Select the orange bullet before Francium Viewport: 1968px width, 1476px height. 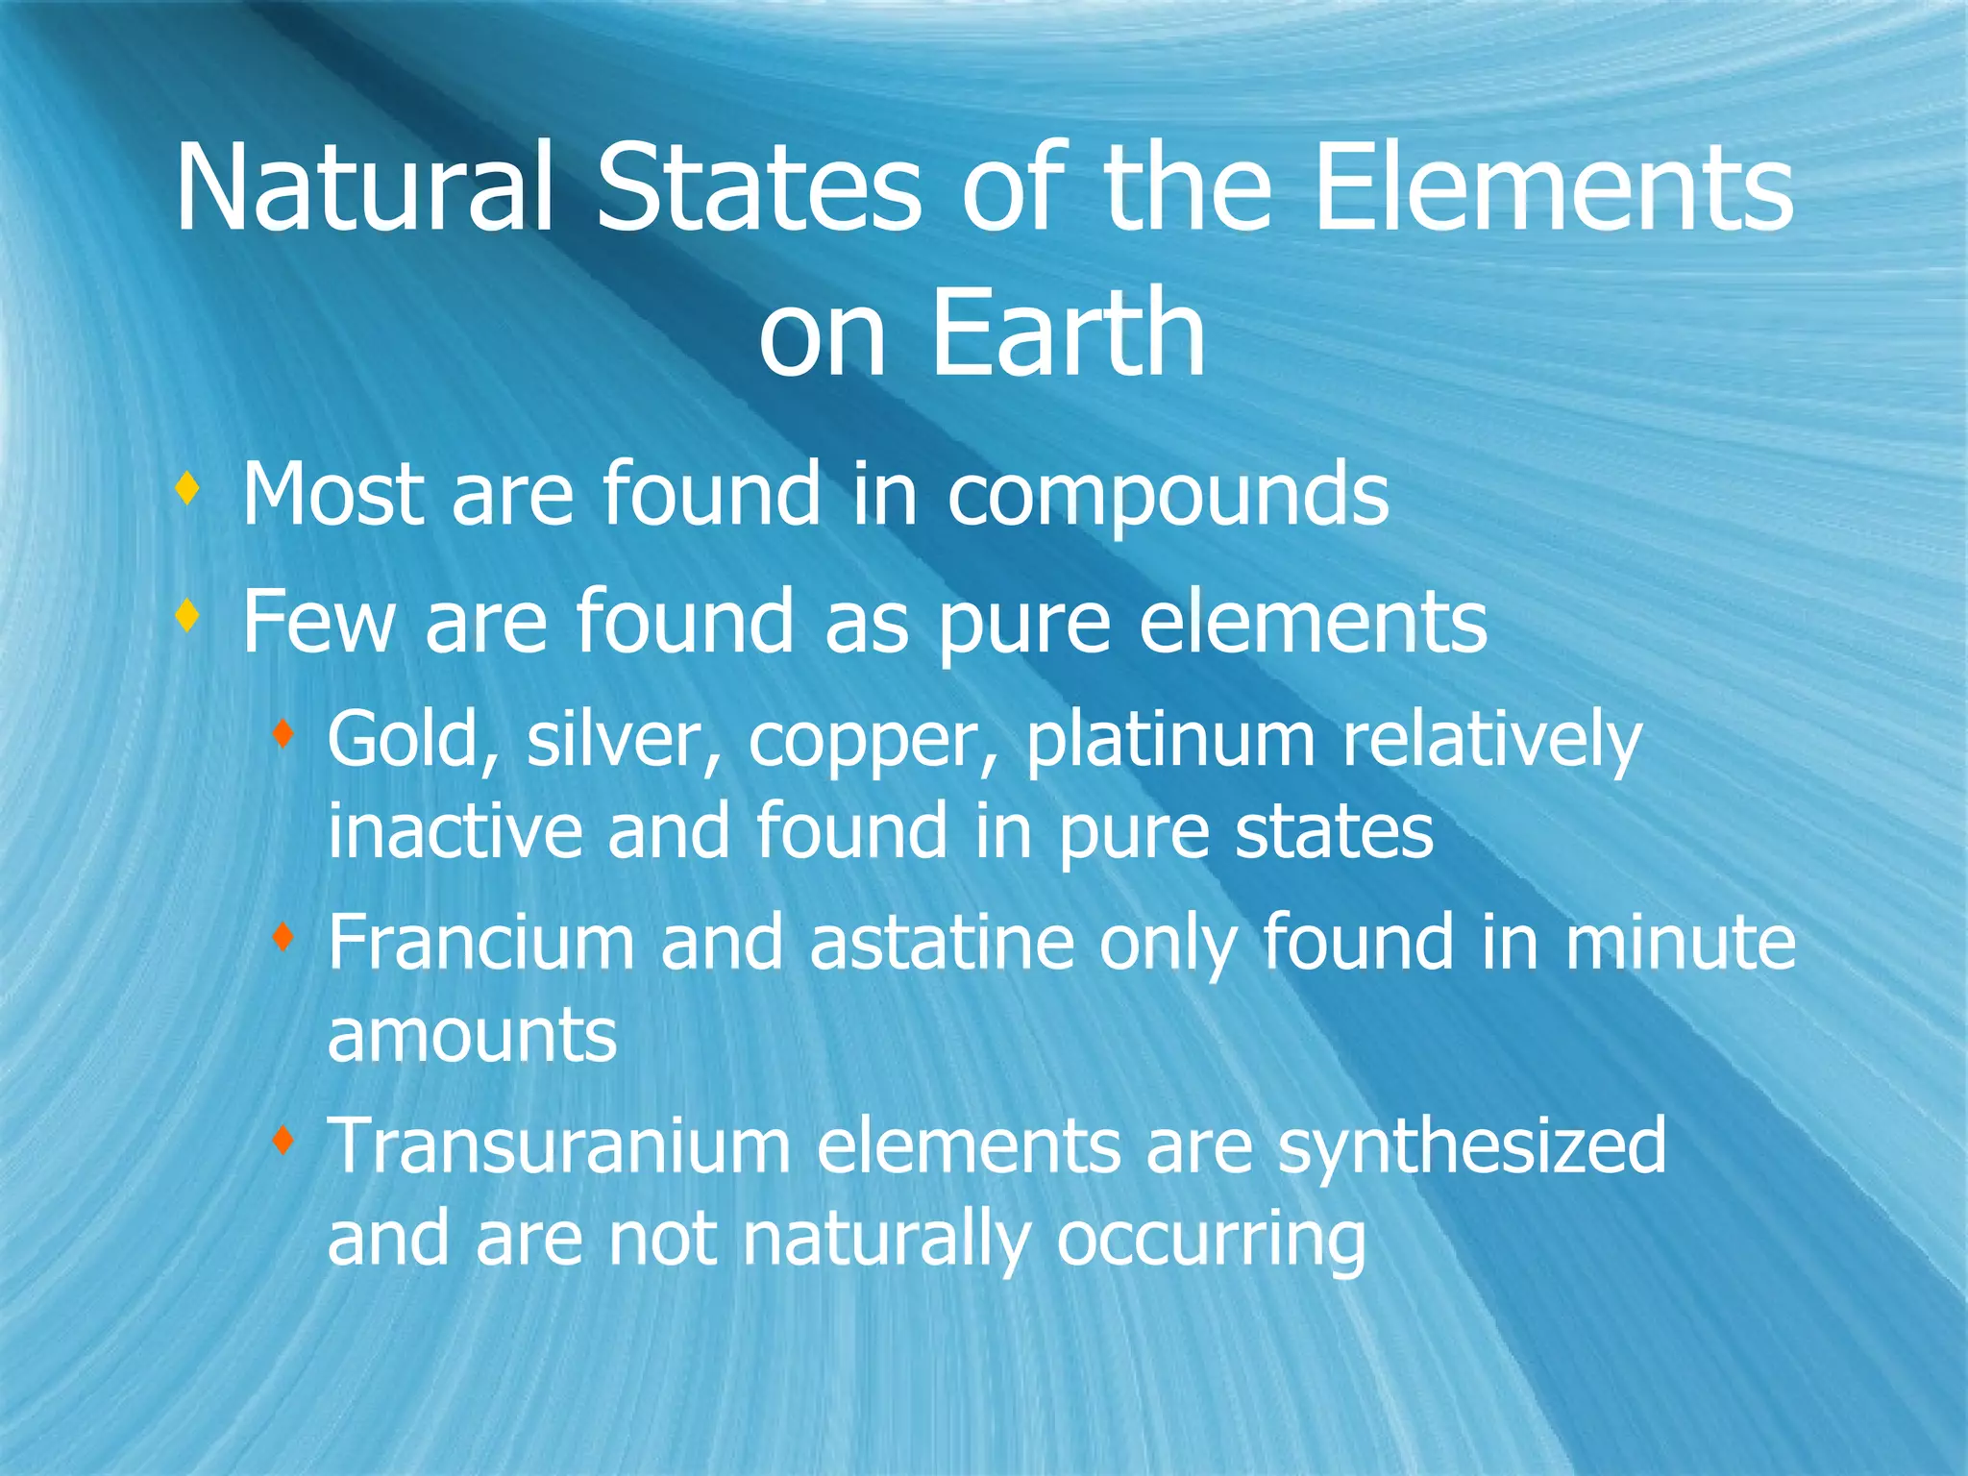(282, 937)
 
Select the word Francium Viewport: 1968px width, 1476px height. (481, 943)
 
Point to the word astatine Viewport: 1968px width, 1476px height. (942, 943)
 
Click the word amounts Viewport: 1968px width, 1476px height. (472, 1036)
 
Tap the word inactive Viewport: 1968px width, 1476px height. (455, 830)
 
